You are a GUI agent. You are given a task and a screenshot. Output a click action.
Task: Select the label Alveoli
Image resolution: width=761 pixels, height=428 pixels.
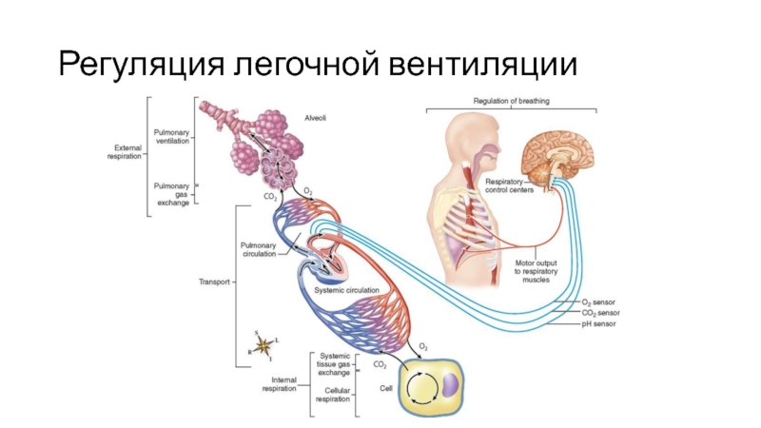(x=315, y=118)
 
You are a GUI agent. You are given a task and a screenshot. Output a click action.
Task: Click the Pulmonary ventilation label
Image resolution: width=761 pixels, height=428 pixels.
(x=172, y=135)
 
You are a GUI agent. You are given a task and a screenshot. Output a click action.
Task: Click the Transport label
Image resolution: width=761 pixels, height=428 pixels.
(x=214, y=282)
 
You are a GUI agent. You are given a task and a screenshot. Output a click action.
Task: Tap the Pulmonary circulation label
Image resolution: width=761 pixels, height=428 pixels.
(x=259, y=249)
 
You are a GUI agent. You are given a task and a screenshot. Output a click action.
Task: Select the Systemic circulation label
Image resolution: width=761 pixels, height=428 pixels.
(x=347, y=289)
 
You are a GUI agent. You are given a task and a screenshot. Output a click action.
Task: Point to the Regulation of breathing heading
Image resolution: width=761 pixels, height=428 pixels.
(x=512, y=100)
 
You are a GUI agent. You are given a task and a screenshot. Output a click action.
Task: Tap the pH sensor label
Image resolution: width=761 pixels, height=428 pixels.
(x=598, y=324)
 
